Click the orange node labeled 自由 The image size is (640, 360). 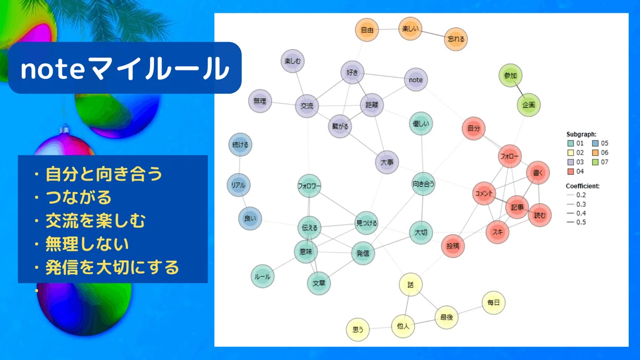coord(367,30)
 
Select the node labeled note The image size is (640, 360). coord(415,79)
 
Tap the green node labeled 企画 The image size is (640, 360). coord(529,105)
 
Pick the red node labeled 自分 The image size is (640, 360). coord(474,129)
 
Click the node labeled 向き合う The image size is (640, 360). coord(423,184)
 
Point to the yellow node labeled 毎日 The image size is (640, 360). coord(493,302)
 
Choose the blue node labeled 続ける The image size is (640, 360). coord(241,145)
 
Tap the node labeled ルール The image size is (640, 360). coord(262,276)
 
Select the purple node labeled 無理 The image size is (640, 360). coord(260,101)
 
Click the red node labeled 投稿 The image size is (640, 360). coord(453,246)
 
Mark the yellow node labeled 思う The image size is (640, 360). coord(358,330)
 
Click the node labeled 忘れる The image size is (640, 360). coord(456,39)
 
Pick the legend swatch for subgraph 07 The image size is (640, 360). coord(595,162)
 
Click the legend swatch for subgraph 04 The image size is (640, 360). coord(571,171)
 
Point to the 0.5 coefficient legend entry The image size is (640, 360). coord(576,222)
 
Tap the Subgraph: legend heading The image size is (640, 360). coord(581,134)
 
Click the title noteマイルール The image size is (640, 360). coord(125,69)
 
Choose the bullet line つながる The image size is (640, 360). coord(73,197)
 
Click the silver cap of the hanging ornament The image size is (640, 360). coord(65,130)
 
